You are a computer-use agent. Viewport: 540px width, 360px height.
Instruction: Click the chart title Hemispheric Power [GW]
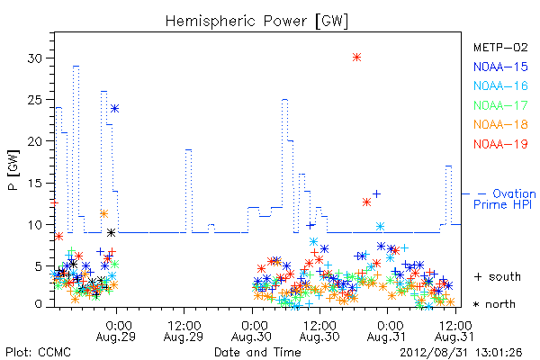click(x=256, y=22)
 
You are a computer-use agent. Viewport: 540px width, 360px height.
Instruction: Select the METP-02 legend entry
click(x=500, y=47)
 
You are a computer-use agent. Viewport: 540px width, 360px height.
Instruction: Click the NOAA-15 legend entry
click(x=500, y=67)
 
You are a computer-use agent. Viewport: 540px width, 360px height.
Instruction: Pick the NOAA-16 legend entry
click(x=500, y=85)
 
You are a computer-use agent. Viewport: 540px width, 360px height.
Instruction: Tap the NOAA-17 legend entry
click(x=500, y=105)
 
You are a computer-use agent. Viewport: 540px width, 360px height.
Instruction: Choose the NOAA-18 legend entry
click(x=500, y=124)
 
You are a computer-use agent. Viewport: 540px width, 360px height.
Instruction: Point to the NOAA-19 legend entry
click(x=500, y=144)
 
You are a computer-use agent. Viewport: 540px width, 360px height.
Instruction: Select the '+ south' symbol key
click(x=498, y=276)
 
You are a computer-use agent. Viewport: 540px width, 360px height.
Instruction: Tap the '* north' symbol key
click(x=494, y=304)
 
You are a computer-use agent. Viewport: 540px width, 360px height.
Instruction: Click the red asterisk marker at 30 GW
click(x=356, y=58)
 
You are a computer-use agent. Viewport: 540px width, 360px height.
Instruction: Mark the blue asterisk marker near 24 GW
click(x=114, y=109)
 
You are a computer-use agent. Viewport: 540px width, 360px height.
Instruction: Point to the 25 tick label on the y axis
click(x=35, y=100)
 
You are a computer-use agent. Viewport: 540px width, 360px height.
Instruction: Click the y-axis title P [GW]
click(x=13, y=170)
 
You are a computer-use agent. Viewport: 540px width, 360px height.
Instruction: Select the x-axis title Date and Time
click(x=257, y=353)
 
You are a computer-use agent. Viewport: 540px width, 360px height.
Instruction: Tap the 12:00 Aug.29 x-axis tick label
click(x=184, y=331)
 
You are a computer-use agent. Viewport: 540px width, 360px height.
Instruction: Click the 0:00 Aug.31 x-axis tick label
click(x=387, y=331)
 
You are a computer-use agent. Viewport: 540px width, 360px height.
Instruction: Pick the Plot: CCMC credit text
click(x=38, y=353)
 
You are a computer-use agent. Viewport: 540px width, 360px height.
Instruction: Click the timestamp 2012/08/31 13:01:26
click(x=461, y=353)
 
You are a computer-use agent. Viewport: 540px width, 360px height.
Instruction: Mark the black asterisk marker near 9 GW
click(x=111, y=233)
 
